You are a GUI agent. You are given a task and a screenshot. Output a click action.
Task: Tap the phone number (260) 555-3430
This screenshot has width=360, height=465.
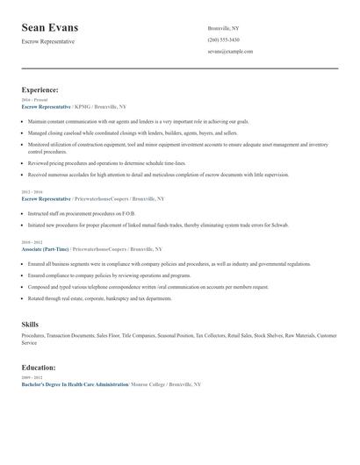coord(223,40)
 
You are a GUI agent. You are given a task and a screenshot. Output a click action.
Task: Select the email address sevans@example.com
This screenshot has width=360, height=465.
coord(230,52)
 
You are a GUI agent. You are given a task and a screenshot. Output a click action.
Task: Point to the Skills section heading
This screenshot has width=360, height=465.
coord(30,325)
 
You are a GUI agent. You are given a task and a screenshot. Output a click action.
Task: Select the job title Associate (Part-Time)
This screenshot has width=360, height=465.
coord(45,248)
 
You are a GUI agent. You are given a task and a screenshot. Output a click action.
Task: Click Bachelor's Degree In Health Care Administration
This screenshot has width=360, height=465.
coord(74,384)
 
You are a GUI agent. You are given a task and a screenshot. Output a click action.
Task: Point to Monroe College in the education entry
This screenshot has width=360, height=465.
coord(147,384)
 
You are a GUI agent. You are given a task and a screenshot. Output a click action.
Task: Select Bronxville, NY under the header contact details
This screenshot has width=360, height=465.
coord(223,29)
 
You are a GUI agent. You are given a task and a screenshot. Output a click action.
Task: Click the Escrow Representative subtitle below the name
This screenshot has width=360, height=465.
coord(48,42)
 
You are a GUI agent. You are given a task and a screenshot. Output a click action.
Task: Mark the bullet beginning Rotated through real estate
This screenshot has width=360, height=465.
coord(99,298)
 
